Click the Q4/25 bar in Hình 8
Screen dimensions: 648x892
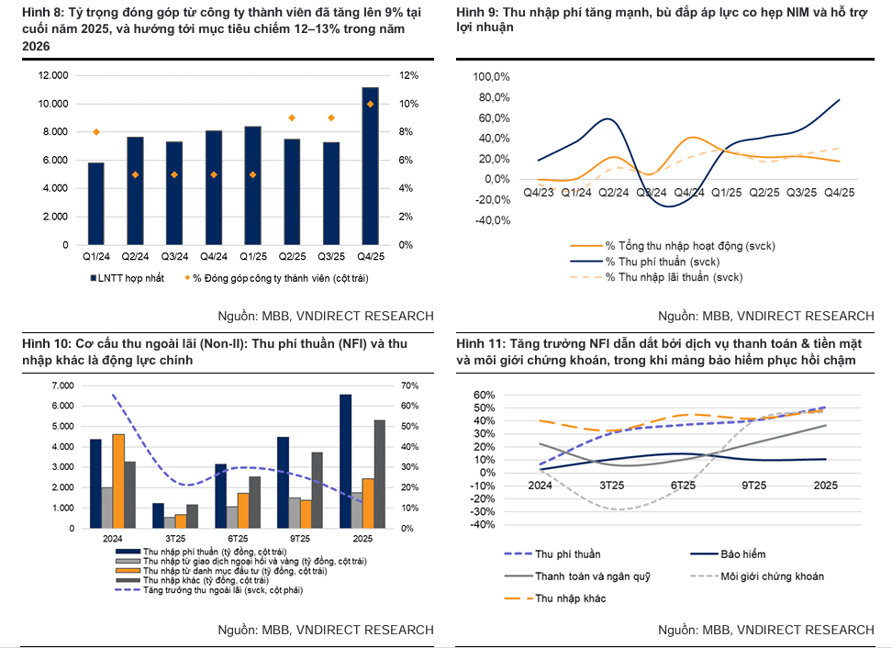click(x=370, y=166)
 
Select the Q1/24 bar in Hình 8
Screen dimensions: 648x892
click(x=95, y=204)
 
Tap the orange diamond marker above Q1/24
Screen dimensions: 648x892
click(x=95, y=132)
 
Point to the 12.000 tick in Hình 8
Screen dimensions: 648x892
click(x=52, y=75)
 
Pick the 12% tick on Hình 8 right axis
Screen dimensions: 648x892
click(x=408, y=75)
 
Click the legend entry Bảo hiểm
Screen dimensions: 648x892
click(x=742, y=553)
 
